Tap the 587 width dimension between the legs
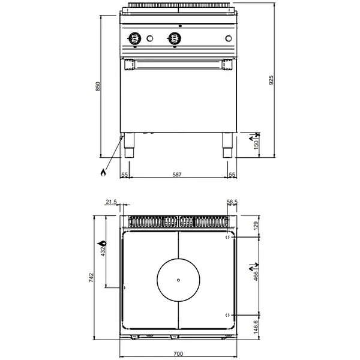[x=176, y=174]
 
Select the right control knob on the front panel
[x=175, y=38]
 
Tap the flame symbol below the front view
[x=103, y=173]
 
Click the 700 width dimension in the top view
[x=179, y=354]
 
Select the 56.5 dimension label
[x=233, y=202]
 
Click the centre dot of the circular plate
[x=178, y=280]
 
